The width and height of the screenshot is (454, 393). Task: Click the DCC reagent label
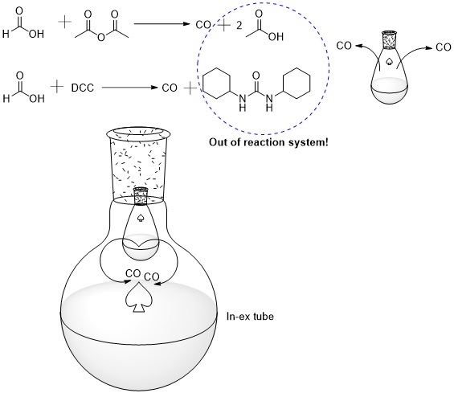click(x=83, y=88)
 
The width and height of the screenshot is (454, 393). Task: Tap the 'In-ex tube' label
click(x=250, y=317)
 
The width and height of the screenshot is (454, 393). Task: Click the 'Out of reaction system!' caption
click(x=268, y=142)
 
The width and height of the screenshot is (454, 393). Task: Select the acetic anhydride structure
click(x=101, y=26)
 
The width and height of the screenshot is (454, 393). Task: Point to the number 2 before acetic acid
click(x=239, y=26)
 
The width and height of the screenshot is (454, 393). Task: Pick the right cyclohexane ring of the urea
click(x=297, y=84)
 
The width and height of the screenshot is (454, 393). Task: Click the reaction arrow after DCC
click(x=130, y=87)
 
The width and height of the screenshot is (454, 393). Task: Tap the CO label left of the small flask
click(x=344, y=46)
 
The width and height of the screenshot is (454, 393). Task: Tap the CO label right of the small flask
click(x=444, y=47)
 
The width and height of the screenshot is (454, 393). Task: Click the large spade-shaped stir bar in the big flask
click(x=139, y=300)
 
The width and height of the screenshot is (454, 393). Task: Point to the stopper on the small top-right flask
click(x=389, y=40)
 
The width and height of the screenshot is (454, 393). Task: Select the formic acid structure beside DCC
click(x=23, y=88)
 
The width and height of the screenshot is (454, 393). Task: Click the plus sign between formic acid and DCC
click(x=57, y=87)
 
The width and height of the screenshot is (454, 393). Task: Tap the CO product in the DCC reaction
click(x=170, y=88)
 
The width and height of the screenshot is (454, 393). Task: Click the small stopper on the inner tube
click(x=141, y=196)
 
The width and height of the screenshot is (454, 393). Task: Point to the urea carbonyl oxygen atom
click(x=256, y=76)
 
